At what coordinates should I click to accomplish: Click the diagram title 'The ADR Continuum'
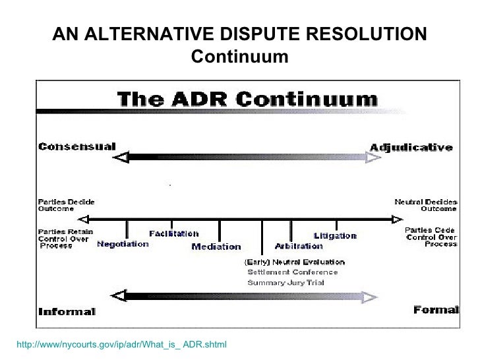tap(247, 100)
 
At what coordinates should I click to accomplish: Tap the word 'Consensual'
tap(76, 146)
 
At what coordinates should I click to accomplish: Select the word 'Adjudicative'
tap(411, 147)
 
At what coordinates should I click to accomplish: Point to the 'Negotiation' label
tap(123, 244)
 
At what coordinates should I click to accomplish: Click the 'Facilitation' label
tap(173, 233)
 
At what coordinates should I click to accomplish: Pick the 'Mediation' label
tap(216, 247)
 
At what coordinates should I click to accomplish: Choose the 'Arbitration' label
tap(299, 246)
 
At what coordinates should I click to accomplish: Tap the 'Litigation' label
tap(335, 235)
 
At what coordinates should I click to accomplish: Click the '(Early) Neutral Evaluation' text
tap(294, 262)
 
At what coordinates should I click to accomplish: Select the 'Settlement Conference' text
tap(292, 272)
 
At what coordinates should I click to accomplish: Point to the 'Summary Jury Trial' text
tap(285, 282)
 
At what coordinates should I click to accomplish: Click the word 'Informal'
tap(67, 311)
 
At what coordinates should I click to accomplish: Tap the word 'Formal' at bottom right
tap(436, 310)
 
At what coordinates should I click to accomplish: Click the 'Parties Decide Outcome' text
tap(66, 205)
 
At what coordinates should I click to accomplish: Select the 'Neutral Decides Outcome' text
tap(425, 205)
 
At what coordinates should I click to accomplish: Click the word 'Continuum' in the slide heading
tap(239, 57)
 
